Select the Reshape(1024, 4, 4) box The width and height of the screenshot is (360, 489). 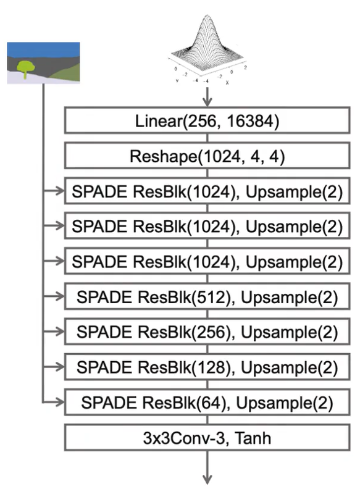tap(207, 156)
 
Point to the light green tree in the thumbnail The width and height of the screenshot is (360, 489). tap(25, 67)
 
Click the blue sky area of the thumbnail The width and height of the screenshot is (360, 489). tap(43, 49)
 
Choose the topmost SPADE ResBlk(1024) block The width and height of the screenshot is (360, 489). tap(207, 191)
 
